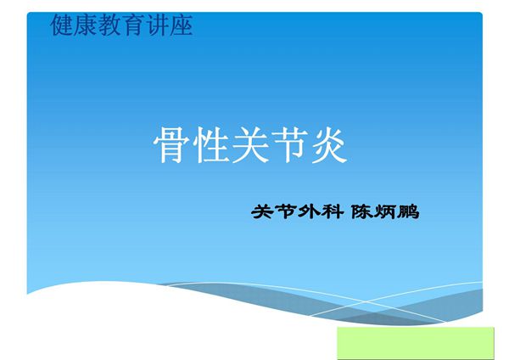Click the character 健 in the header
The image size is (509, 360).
coord(63,26)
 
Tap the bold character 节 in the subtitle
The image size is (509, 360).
coord(283,212)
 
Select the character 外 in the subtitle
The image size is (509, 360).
coord(305,212)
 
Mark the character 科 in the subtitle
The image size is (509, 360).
coord(327,212)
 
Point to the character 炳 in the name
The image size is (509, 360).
coord(385,212)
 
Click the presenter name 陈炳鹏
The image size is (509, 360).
coord(385,212)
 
